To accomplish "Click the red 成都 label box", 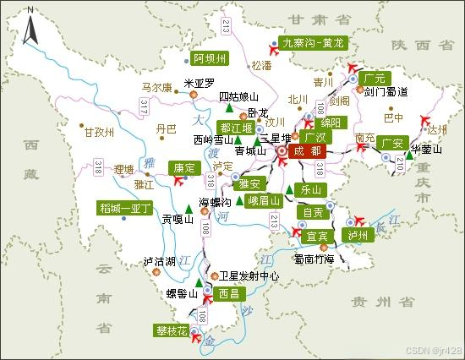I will [x=304, y=150].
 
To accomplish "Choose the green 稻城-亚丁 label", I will [x=124, y=207].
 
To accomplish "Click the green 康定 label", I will [x=183, y=167].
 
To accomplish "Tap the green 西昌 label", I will [x=228, y=294].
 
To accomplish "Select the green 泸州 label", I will [x=359, y=234].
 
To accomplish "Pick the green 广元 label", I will [x=372, y=78].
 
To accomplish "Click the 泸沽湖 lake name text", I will [x=159, y=262].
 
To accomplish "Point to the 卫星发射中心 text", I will [x=250, y=275].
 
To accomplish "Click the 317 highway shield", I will [x=144, y=106].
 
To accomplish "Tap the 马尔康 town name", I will [x=156, y=86].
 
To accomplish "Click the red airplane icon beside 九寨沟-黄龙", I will [x=272, y=46].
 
